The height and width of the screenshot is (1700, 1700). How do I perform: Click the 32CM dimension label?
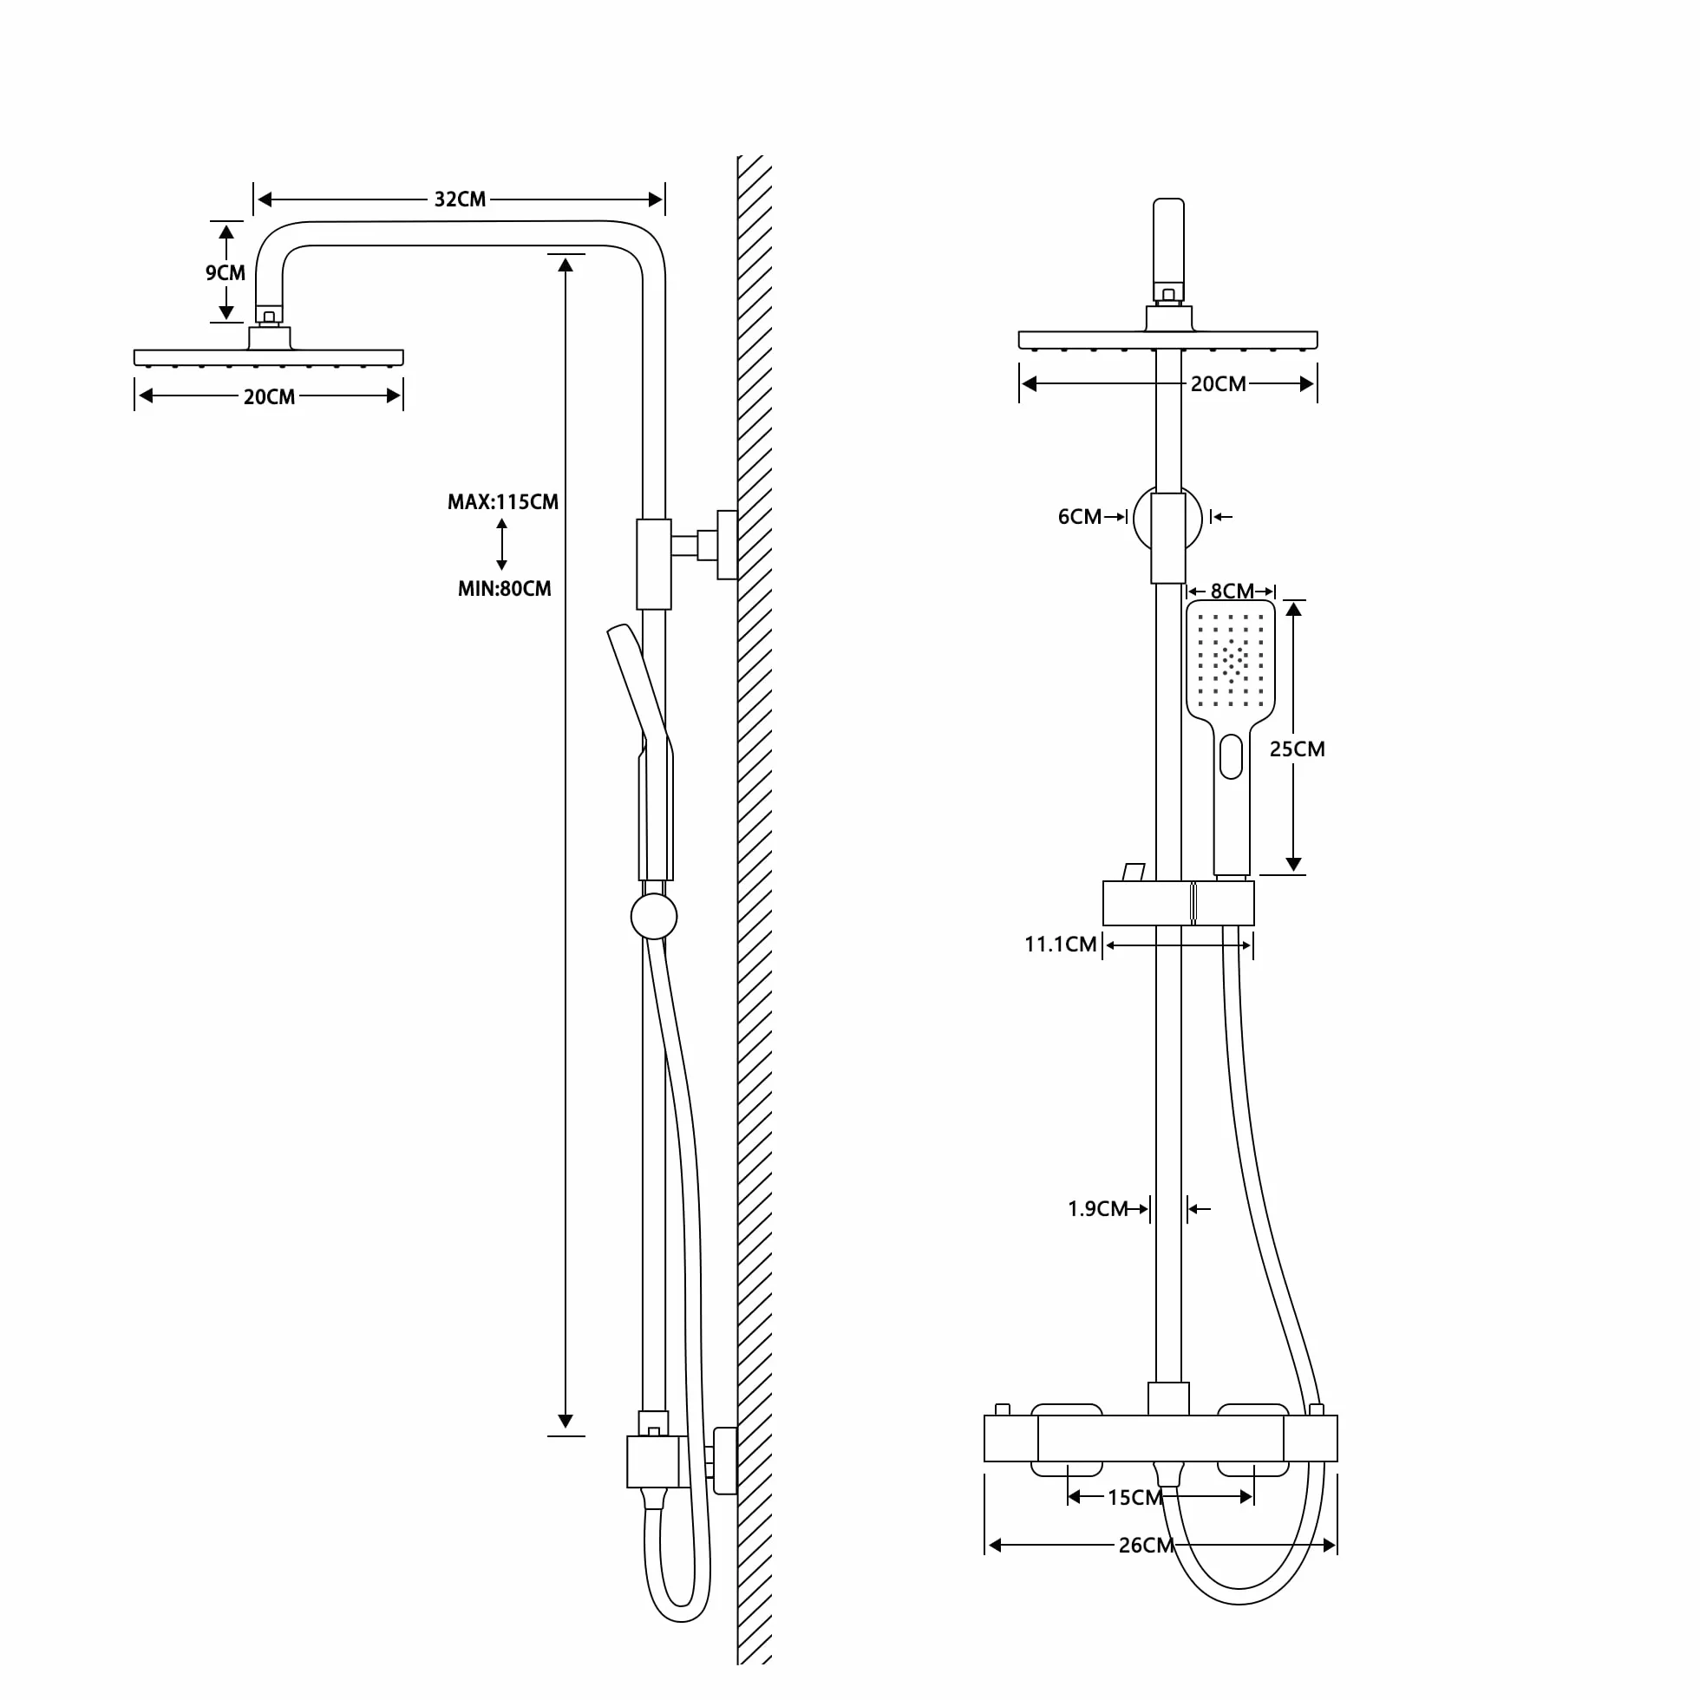coord(460,199)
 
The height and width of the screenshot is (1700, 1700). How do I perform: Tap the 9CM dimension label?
coord(226,272)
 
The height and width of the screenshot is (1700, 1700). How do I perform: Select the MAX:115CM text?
coord(502,501)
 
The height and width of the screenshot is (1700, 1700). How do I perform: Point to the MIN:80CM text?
coord(504,589)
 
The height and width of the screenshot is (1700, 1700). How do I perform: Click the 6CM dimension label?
coord(1080,517)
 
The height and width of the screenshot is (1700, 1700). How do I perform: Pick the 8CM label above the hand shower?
coord(1232,591)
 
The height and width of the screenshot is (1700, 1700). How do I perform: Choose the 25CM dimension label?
coord(1297,749)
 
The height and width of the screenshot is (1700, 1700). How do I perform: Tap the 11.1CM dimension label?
coord(1060,945)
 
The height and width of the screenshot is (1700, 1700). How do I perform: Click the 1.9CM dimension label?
coord(1097,1209)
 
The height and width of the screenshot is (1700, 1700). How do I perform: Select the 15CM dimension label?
coord(1135,1498)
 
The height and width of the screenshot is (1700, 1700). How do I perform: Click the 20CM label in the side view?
coord(269,397)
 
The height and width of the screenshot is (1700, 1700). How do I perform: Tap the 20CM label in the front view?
coord(1219,383)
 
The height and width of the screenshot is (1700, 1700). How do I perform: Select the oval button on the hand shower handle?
coord(1232,755)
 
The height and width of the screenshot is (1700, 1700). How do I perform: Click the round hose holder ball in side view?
coord(654,917)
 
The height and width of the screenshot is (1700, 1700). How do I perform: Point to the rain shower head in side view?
coord(268,356)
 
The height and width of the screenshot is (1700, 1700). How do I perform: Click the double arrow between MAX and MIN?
coord(501,545)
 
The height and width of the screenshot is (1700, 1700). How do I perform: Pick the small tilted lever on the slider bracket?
coord(1134,872)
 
